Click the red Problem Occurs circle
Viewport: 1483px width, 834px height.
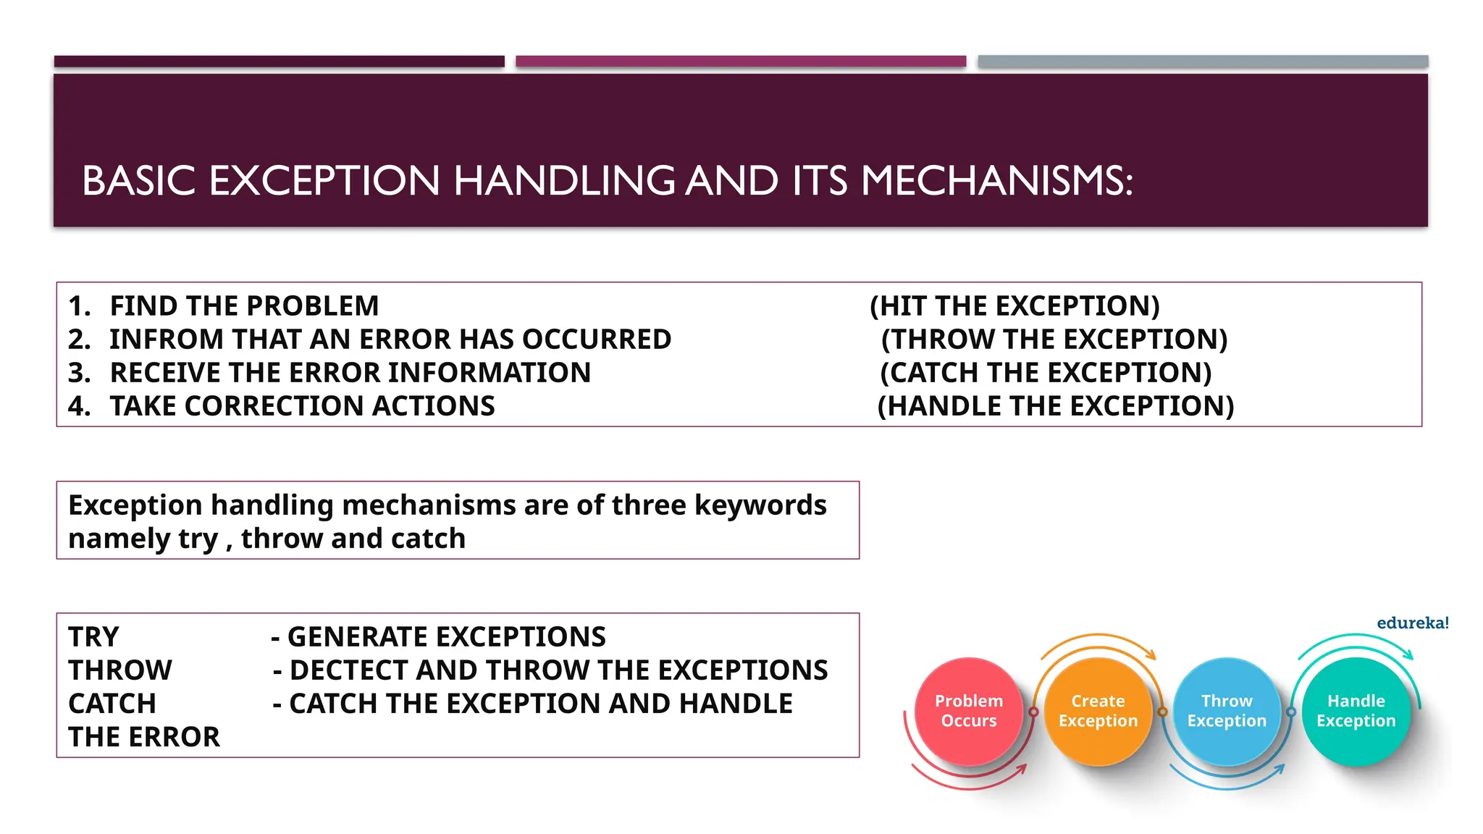[969, 711]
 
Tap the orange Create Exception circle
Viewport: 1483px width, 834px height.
[1098, 711]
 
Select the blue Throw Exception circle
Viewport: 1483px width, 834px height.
[1227, 711]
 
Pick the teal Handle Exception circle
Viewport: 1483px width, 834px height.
[1356, 711]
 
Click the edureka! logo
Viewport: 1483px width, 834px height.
[1412, 623]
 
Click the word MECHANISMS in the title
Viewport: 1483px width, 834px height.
[996, 181]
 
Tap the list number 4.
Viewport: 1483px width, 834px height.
[78, 406]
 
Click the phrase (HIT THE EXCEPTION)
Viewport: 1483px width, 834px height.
[1014, 306]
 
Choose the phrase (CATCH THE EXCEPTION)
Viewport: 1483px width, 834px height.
[1046, 373]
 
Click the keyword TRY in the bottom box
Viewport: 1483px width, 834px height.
[93, 637]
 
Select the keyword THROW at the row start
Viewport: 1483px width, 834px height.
[120, 670]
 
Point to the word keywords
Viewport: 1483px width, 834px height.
[760, 505]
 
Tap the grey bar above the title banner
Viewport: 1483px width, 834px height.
[1202, 62]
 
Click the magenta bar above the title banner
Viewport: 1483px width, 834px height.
[740, 62]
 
